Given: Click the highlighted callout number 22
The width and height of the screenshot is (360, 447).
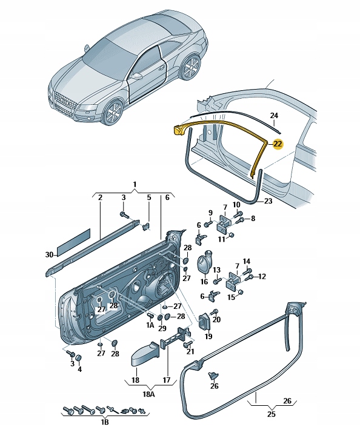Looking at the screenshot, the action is pos(278,144).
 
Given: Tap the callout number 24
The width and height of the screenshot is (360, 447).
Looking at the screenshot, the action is pos(274,116).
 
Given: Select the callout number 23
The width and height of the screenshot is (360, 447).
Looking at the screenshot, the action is pos(268,201).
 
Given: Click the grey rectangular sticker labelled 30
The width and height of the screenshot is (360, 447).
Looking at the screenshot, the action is pos(74,242).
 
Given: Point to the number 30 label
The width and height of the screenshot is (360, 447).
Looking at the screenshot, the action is pos(49,254).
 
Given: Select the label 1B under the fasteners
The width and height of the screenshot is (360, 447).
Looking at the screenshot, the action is pos(105,422).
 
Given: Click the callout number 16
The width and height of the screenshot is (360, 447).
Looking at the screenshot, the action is pos(204,282).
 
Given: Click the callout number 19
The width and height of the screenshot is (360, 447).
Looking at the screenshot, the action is pos(208,336).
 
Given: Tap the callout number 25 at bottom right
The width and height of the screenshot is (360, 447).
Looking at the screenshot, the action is pos(272,413).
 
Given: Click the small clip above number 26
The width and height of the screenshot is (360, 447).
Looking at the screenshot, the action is pos(213,376).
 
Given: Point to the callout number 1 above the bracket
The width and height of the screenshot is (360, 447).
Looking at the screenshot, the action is pos(135,185).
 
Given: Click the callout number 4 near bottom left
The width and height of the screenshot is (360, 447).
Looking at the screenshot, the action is pos(79,369).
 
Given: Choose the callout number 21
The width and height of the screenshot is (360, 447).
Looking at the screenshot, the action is pos(190,351).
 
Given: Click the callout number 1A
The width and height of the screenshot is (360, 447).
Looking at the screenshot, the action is pos(150,325).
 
